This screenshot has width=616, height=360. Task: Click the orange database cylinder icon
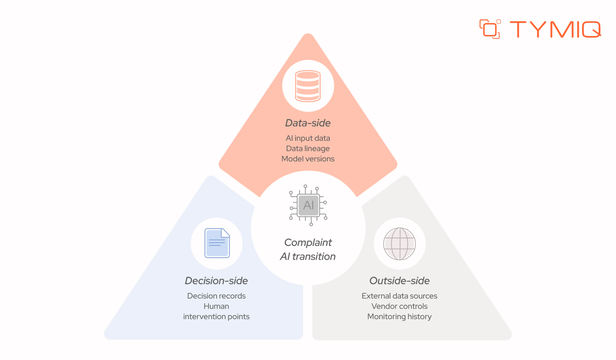click(x=308, y=86)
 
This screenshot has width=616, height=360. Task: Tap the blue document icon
click(x=217, y=243)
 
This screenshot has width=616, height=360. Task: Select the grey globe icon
click(x=400, y=244)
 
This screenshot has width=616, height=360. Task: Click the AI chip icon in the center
click(x=308, y=205)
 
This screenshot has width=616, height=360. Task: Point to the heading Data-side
click(x=308, y=123)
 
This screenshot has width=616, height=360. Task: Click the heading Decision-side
click(x=216, y=281)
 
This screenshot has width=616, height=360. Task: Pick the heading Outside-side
click(x=399, y=281)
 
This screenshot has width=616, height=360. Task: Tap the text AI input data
click(x=308, y=138)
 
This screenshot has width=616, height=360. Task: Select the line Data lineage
click(x=308, y=148)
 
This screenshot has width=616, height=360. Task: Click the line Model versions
click(x=308, y=159)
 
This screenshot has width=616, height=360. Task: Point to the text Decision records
click(x=216, y=296)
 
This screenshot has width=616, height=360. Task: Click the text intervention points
click(x=216, y=317)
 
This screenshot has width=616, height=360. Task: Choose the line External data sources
click(x=400, y=296)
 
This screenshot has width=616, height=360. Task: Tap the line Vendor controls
click(x=400, y=306)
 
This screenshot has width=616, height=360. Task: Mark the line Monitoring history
click(x=400, y=317)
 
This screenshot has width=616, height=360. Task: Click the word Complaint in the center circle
click(x=308, y=243)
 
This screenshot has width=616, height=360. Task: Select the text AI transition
click(x=308, y=256)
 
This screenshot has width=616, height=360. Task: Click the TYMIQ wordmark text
click(x=555, y=29)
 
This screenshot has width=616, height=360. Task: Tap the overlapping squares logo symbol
click(x=490, y=29)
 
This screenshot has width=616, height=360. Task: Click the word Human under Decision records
click(x=216, y=306)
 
